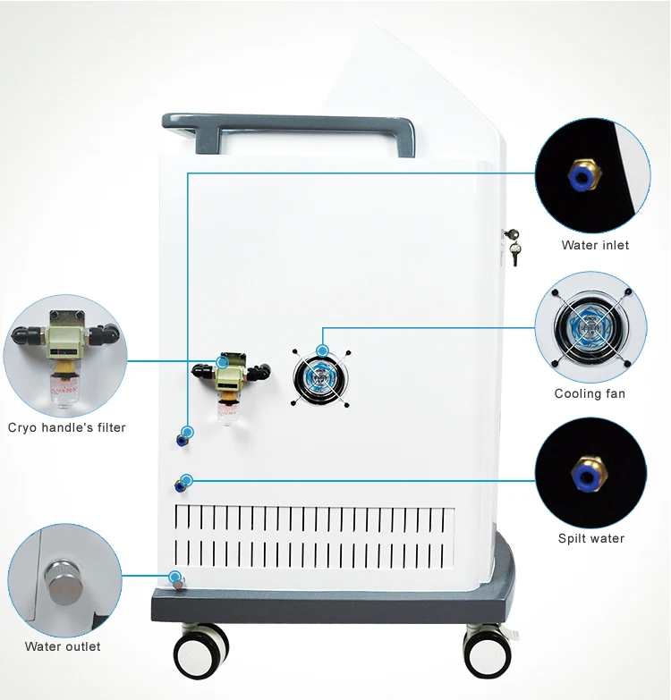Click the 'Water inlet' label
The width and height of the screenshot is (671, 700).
pyautogui.click(x=595, y=245)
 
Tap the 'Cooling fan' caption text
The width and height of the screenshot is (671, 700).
pyautogui.click(x=590, y=393)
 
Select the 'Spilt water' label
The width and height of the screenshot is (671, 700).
pyautogui.click(x=591, y=538)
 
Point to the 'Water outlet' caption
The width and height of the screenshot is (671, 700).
pyautogui.click(x=63, y=646)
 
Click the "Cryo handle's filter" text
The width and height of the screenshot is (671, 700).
pyautogui.click(x=67, y=427)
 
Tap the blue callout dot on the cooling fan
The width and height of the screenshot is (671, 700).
pyautogui.click(x=323, y=350)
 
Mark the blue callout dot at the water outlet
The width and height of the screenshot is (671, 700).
pyautogui.click(x=175, y=577)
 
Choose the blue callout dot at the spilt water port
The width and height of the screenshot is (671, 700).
pyautogui.click(x=186, y=480)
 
